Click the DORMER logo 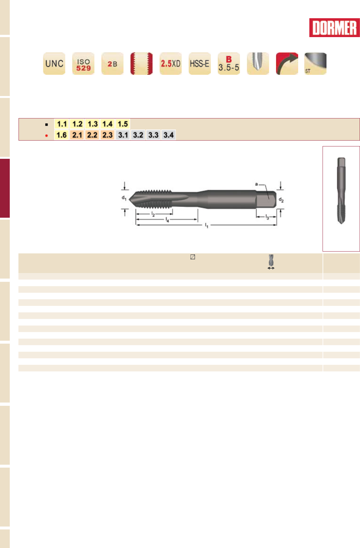pyautogui.click(x=334, y=28)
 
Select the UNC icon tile pyautogui.click(x=54, y=63)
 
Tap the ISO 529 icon pyautogui.click(x=83, y=63)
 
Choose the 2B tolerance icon pyautogui.click(x=112, y=63)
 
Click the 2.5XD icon pyautogui.click(x=171, y=63)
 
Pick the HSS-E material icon pyautogui.click(x=200, y=63)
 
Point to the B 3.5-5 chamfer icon pyautogui.click(x=229, y=63)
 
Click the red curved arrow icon pyautogui.click(x=287, y=63)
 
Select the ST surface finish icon pyautogui.click(x=315, y=63)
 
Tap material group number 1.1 pyautogui.click(x=62, y=124)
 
